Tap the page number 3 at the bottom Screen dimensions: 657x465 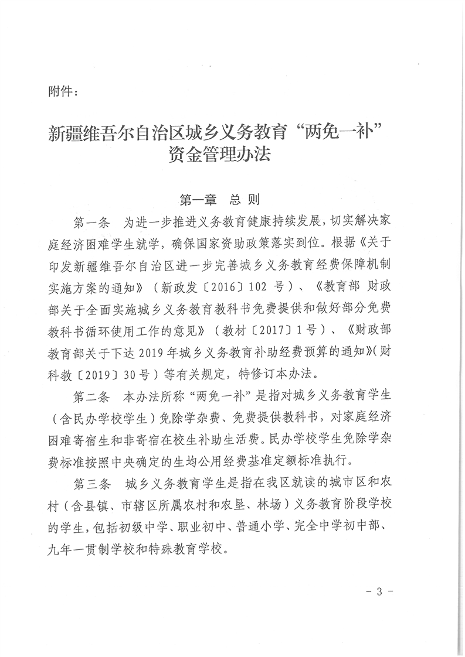pyautogui.click(x=379, y=591)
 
